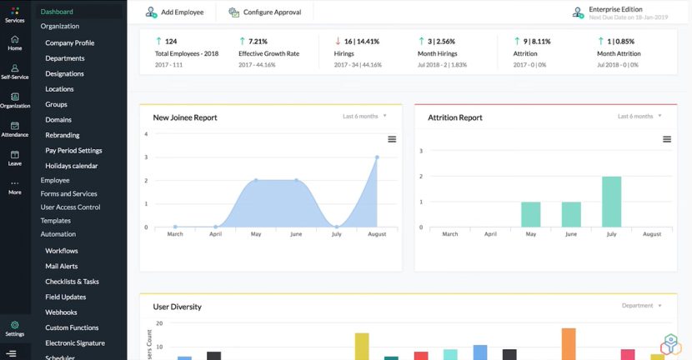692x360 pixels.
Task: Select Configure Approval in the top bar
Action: coord(264,12)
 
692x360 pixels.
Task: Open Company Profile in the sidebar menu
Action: coord(69,42)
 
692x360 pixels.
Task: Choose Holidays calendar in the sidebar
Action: coord(71,166)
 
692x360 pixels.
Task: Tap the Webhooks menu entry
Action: coord(61,312)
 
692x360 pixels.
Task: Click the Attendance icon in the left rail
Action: coord(15,129)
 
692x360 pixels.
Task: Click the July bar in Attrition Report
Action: coord(611,201)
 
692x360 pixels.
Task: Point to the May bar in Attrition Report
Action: coord(530,214)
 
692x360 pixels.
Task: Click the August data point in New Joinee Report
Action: coord(377,157)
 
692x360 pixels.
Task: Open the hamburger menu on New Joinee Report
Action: coord(392,139)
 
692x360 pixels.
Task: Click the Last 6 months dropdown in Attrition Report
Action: coord(639,117)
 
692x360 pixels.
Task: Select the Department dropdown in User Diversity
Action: coord(641,306)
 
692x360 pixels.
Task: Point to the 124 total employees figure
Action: coord(171,41)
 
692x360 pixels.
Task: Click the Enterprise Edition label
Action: coord(615,9)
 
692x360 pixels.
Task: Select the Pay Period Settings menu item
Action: coord(73,151)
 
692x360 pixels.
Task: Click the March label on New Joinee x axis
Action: coord(175,234)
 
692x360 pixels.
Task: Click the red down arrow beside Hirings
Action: coord(338,41)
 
